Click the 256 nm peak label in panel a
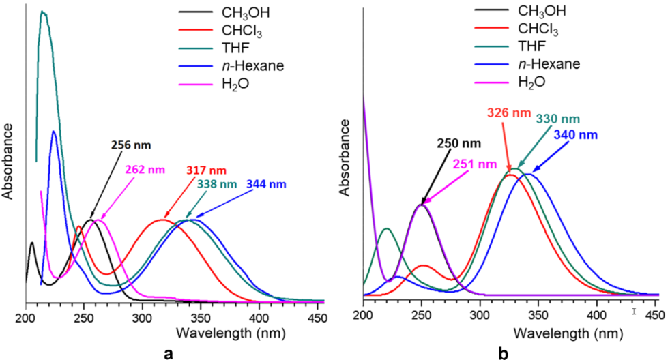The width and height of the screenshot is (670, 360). tap(131, 145)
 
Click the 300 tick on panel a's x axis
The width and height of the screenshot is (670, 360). tap(142, 317)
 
